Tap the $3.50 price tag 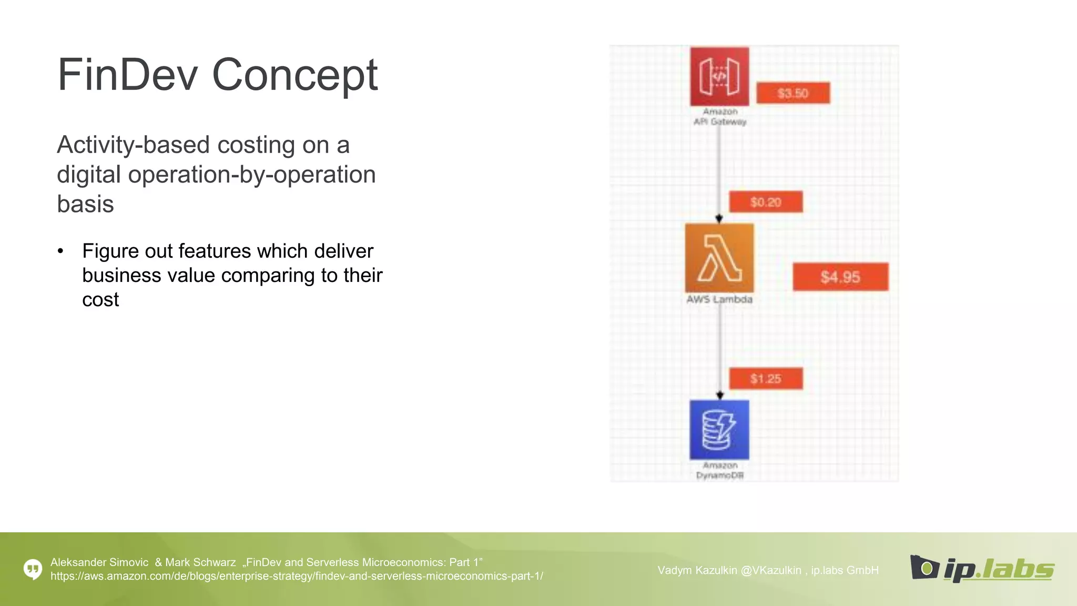coord(792,93)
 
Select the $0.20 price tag coord(766,202)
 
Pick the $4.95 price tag coord(840,277)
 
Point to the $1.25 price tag coord(766,379)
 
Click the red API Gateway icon coord(719,77)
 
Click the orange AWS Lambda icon coord(719,258)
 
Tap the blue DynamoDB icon coord(719,430)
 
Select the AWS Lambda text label coord(719,299)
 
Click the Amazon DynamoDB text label coord(720,470)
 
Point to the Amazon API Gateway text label coord(720,117)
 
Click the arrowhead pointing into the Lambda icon coord(719,218)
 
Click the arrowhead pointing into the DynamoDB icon coord(720,395)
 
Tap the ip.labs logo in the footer coord(982,569)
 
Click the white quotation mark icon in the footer coord(33,569)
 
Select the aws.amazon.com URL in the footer coord(297,577)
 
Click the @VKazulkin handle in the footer coord(771,570)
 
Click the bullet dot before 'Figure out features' coord(61,251)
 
